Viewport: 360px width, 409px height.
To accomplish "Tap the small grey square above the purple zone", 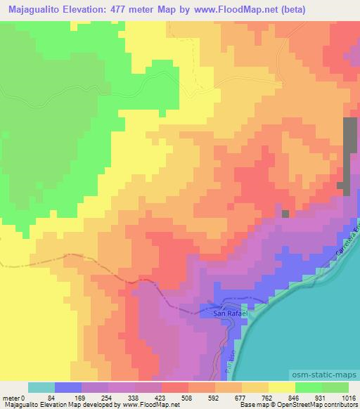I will point(285,214).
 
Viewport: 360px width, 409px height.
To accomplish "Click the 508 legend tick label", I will point(176,398).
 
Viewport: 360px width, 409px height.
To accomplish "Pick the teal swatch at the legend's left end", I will point(41,387).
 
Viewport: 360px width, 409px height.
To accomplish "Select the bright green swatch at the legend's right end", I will point(334,387).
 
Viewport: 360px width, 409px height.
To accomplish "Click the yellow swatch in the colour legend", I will point(282,387).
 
